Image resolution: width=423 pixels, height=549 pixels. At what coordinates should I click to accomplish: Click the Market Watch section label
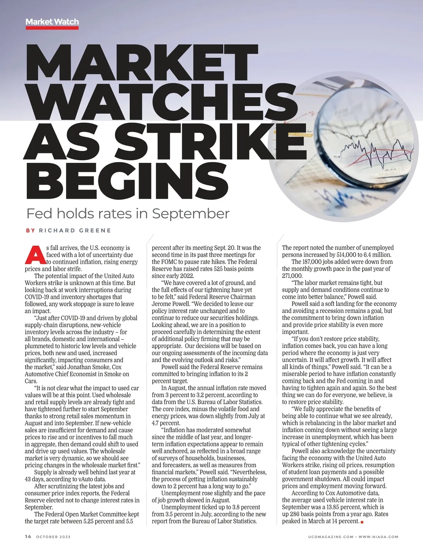(x=52, y=22)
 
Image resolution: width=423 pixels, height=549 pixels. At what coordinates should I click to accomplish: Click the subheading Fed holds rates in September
(x=128, y=214)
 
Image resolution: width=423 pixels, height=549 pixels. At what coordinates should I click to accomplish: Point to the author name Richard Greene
(x=75, y=230)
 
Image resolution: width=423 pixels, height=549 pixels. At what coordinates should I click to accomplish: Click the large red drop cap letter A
(x=35, y=254)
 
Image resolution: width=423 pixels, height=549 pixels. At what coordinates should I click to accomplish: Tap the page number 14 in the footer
(x=28, y=537)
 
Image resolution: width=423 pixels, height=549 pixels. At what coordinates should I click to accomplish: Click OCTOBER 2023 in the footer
(x=53, y=537)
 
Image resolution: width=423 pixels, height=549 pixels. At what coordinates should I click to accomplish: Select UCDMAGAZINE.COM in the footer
(x=330, y=537)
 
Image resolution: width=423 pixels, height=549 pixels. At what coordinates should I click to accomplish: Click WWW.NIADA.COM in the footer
(x=379, y=537)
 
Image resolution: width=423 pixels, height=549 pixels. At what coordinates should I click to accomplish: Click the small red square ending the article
(x=362, y=522)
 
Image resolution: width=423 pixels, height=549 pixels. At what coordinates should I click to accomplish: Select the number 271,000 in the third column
(x=292, y=276)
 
